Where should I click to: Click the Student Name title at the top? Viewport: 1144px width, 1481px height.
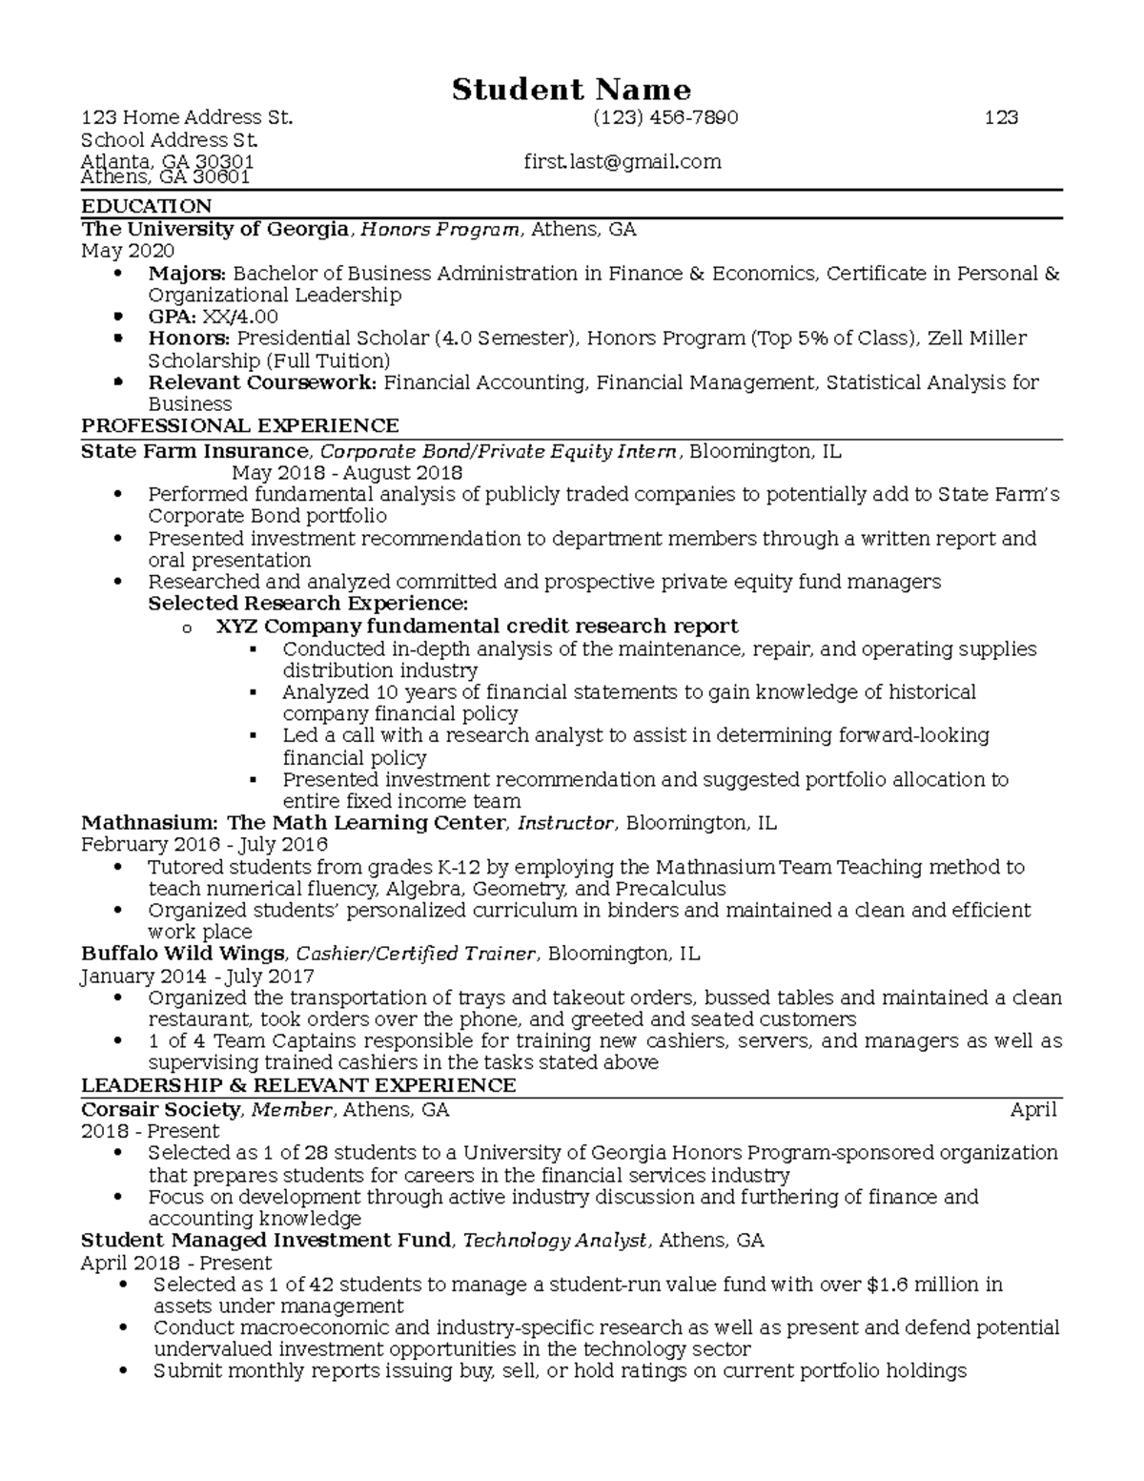tap(571, 90)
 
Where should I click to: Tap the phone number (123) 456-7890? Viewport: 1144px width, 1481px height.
tap(664, 117)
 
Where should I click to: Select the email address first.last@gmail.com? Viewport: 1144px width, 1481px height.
tap(622, 162)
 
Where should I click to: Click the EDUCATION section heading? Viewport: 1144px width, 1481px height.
tap(147, 206)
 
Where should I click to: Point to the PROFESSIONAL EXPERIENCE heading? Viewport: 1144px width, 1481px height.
tap(240, 425)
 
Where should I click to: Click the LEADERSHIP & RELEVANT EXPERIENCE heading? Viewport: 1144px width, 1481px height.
tap(298, 1085)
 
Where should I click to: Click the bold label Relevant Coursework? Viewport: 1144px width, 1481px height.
tap(262, 382)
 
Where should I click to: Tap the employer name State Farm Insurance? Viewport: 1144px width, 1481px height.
tap(194, 451)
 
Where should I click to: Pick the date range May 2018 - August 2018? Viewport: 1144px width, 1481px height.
tap(347, 473)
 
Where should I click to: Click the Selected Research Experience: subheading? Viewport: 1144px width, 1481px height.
tap(308, 604)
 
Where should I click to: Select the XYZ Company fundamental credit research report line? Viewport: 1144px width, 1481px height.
tap(477, 627)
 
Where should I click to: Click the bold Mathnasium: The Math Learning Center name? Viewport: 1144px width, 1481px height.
tap(293, 823)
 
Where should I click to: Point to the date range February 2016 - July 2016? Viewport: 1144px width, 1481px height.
tap(204, 845)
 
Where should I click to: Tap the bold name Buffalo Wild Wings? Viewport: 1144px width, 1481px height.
tap(182, 954)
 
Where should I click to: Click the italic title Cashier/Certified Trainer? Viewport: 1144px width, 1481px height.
tap(417, 954)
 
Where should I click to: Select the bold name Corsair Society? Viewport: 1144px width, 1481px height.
tap(160, 1109)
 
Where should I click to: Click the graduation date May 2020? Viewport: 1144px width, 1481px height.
tap(128, 251)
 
